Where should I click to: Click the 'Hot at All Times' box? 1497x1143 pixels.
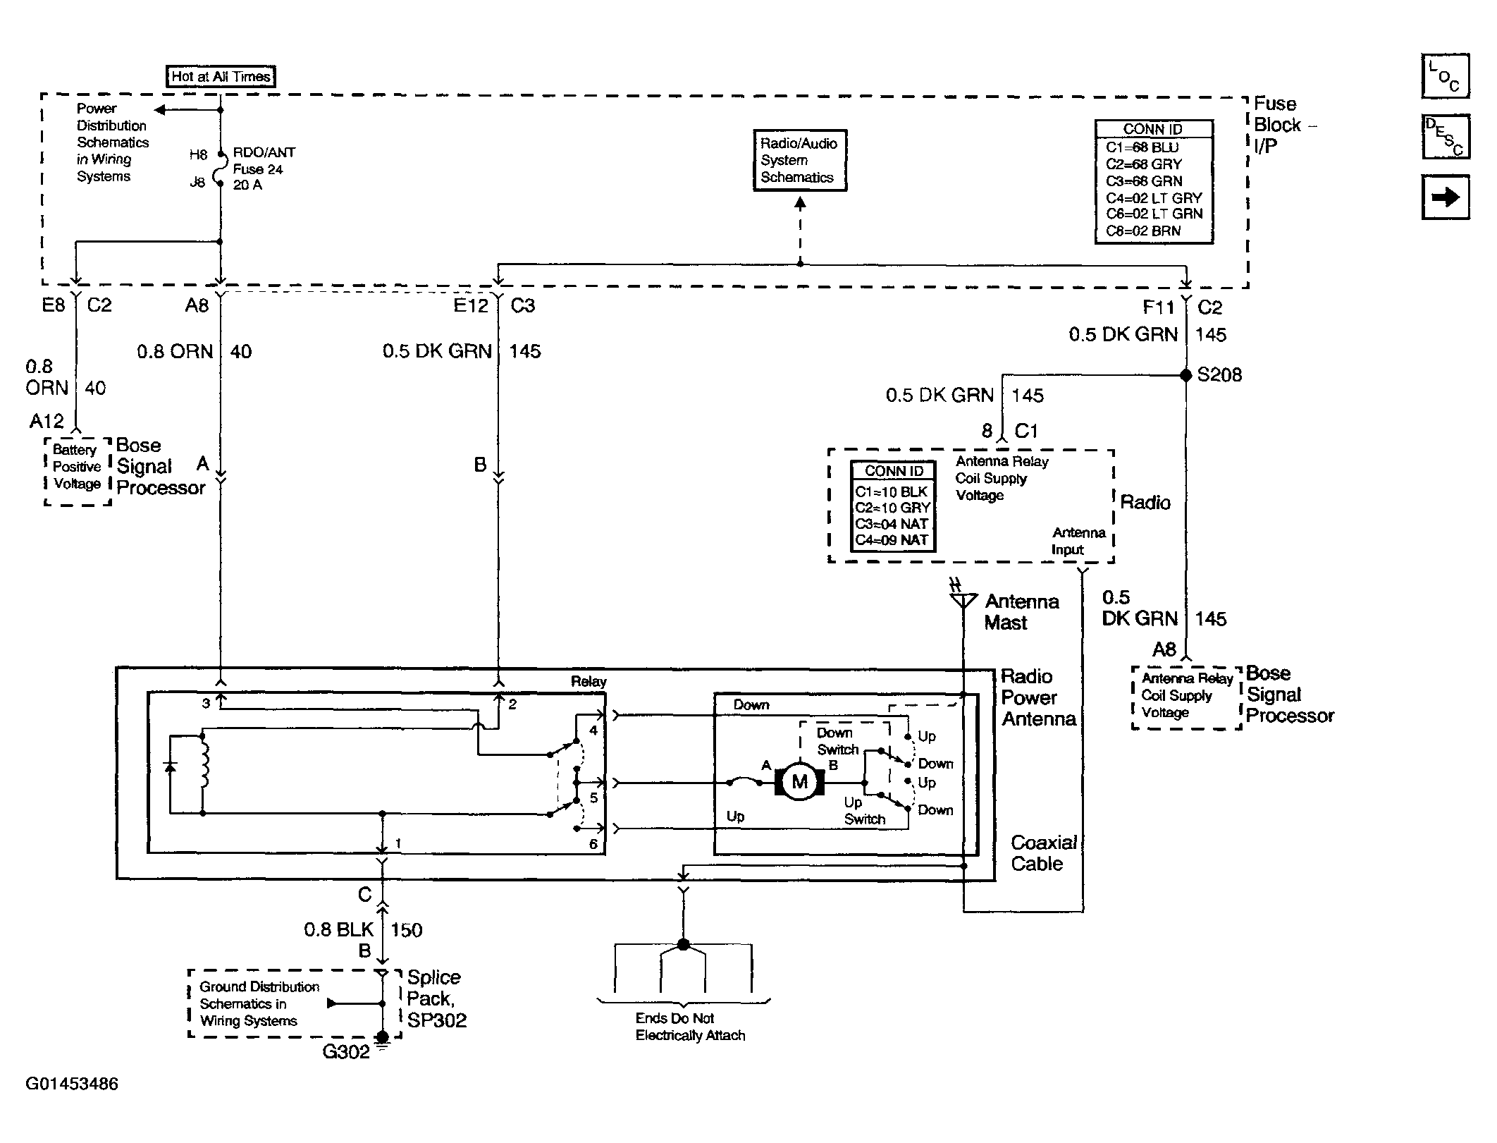tap(221, 76)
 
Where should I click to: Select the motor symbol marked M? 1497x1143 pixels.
tap(799, 781)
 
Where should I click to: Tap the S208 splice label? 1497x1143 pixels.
tap(1219, 374)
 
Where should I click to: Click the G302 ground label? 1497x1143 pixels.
tap(346, 1052)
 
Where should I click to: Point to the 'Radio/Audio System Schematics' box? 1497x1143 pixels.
tap(800, 161)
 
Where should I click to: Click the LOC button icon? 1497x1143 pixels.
tap(1446, 76)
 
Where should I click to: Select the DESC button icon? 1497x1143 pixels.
tap(1446, 137)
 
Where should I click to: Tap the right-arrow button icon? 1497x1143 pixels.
tap(1446, 197)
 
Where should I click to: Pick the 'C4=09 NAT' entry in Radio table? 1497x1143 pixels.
tap(892, 540)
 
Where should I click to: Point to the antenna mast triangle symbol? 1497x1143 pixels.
tap(963, 600)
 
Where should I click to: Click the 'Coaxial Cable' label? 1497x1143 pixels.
tap(1044, 853)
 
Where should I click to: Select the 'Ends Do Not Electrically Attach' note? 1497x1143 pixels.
tap(690, 1027)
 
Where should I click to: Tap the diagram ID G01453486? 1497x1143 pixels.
tap(72, 1084)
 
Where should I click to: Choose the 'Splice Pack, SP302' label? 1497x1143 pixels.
tap(437, 998)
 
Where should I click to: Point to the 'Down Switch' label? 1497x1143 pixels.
tap(837, 741)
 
